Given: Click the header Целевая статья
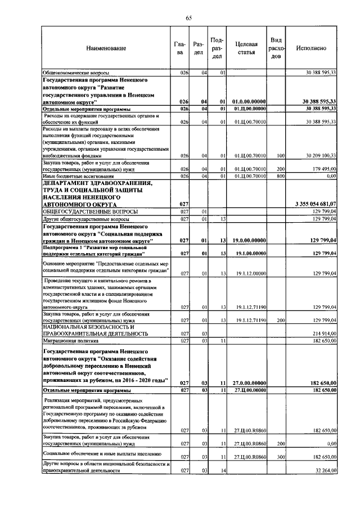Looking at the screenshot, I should pyautogui.click(x=246, y=48).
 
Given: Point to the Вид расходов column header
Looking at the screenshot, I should pyautogui.click(x=276, y=48).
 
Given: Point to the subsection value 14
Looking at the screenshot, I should pyautogui.click(x=223, y=470).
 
